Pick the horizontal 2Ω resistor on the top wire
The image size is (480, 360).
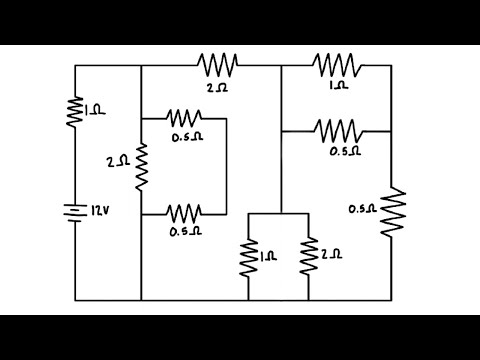pyautogui.click(x=218, y=65)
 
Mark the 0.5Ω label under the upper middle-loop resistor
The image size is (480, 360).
pyautogui.click(x=186, y=138)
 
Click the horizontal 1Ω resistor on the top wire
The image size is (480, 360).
pyautogui.click(x=337, y=65)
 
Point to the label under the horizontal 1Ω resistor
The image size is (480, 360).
pyautogui.click(x=338, y=86)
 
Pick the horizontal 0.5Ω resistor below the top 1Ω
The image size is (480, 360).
pyautogui.click(x=337, y=130)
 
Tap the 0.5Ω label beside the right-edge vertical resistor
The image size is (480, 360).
pyautogui.click(x=362, y=208)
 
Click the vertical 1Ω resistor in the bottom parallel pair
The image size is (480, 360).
pyautogui.click(x=249, y=258)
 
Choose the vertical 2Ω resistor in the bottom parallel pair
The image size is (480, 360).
pyautogui.click(x=310, y=258)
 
